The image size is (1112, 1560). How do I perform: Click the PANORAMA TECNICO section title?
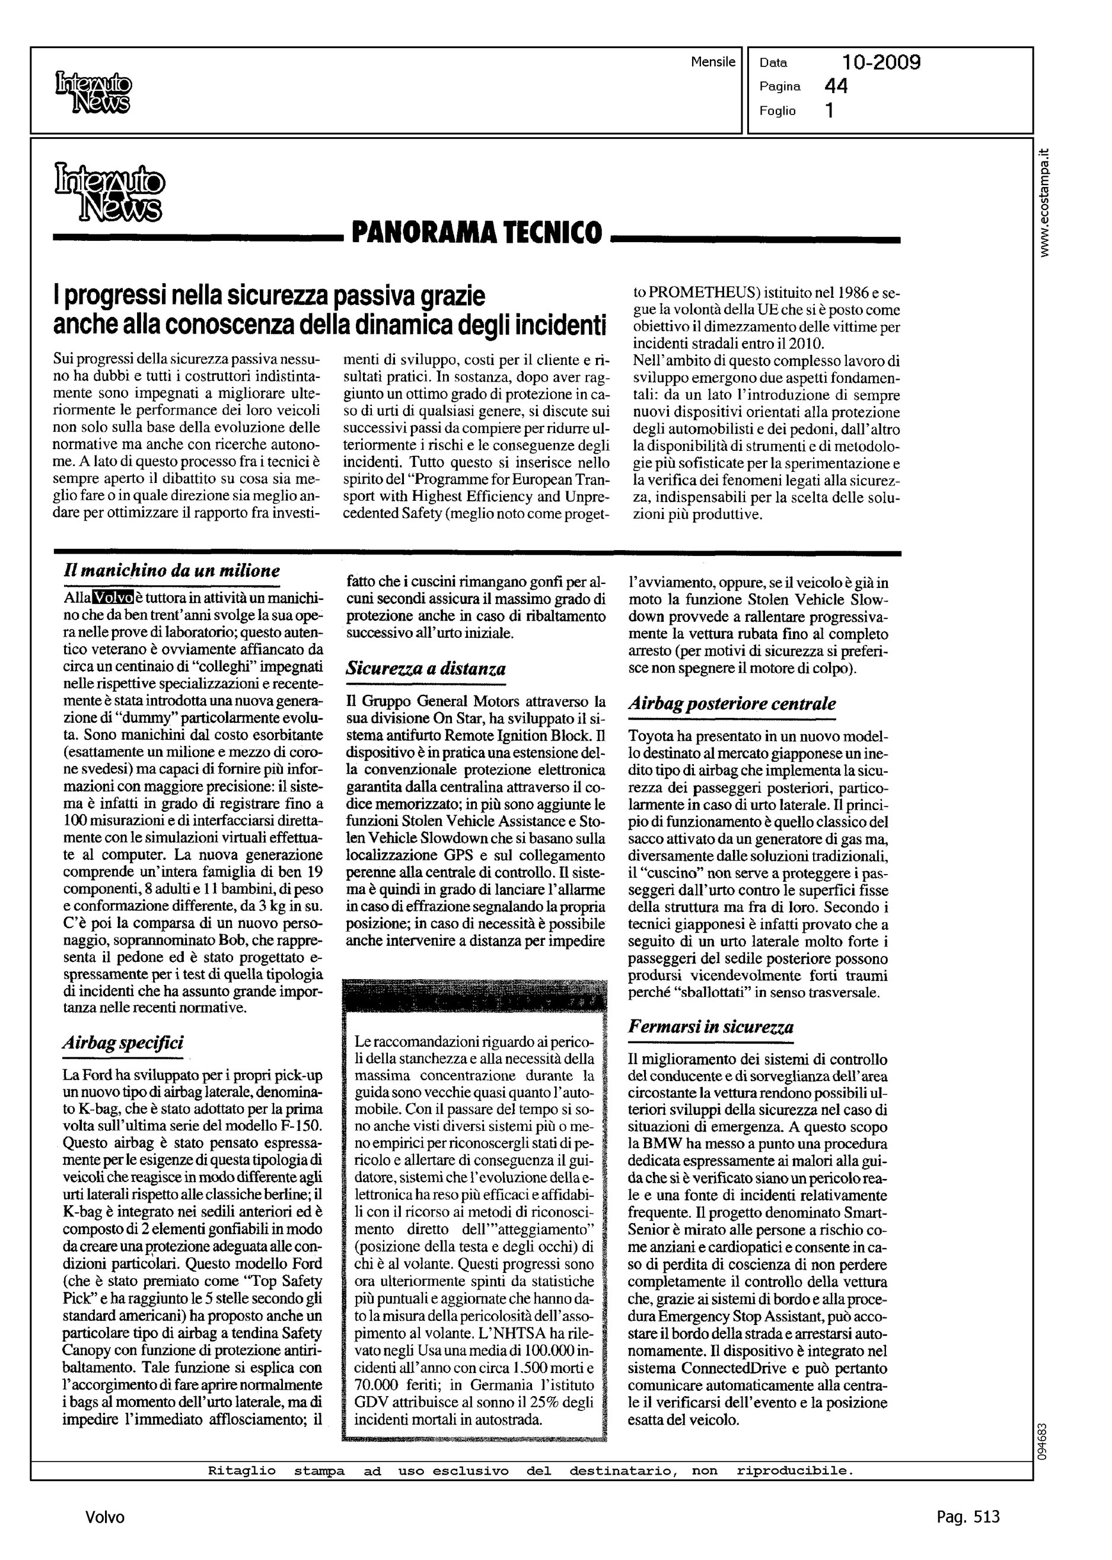[x=477, y=233]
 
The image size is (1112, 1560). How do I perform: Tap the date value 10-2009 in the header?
[x=881, y=63]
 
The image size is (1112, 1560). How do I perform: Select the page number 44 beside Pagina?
[x=836, y=86]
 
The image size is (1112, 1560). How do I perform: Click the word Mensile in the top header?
[x=713, y=62]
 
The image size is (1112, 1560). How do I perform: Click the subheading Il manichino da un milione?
[x=171, y=571]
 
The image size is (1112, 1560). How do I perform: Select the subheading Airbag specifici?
[x=123, y=1043]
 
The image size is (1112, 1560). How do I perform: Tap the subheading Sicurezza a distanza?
[x=426, y=669]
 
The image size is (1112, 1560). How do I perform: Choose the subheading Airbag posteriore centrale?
[x=732, y=704]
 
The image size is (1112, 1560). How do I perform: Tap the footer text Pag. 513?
[x=967, y=1517]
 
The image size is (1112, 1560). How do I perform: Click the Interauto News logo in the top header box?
[x=93, y=93]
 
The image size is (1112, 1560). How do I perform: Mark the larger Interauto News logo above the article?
[x=109, y=192]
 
